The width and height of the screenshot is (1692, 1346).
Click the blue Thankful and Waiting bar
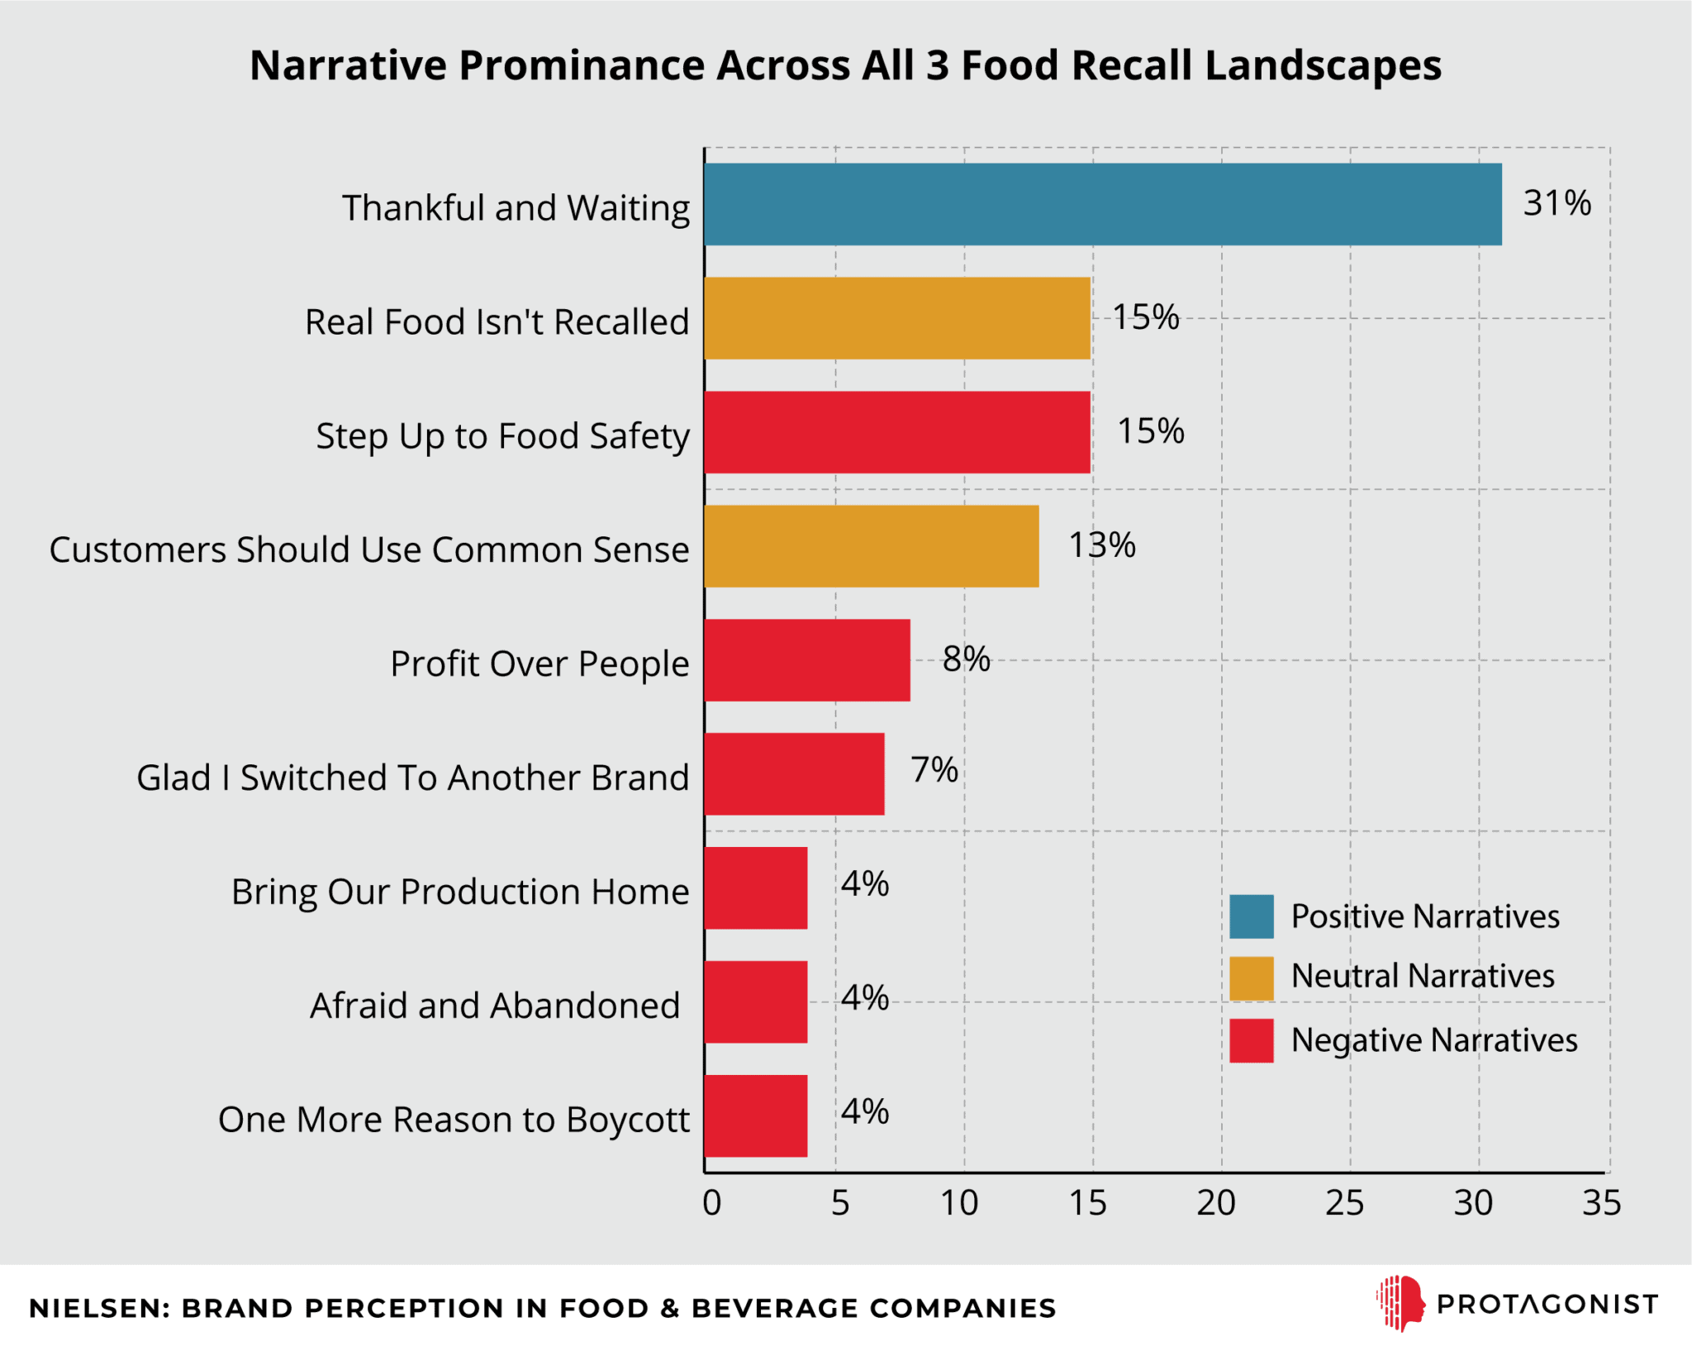point(1102,204)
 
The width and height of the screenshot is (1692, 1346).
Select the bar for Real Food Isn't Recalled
point(896,318)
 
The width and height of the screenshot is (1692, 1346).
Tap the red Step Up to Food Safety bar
point(896,432)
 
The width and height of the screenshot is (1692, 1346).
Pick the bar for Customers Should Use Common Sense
point(871,546)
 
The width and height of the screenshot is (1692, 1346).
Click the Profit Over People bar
point(806,660)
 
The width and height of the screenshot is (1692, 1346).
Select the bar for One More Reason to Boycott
point(755,1115)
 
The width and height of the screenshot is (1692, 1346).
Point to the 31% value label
point(1557,203)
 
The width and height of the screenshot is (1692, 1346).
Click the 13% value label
point(1101,545)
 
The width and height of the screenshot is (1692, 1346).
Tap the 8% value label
point(966,659)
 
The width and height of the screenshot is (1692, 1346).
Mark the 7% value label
point(934,770)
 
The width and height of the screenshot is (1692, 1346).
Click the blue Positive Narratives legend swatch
point(1250,916)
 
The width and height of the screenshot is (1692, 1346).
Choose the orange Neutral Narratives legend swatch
point(1250,978)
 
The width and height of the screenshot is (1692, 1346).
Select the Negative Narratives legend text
point(1433,1040)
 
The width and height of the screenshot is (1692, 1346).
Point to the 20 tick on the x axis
point(1216,1203)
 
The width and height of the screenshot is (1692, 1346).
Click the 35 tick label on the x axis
point(1601,1203)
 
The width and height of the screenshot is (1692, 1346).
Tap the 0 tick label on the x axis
point(711,1203)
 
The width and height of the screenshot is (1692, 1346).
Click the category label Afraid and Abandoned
point(494,1006)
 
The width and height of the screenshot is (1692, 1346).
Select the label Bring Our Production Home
point(459,892)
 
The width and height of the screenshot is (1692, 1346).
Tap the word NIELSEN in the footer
point(98,1308)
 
